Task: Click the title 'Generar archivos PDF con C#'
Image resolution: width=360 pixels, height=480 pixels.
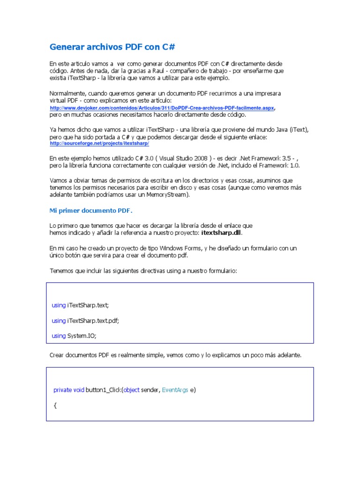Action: (112, 47)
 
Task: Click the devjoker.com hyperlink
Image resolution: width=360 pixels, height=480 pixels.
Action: (162, 108)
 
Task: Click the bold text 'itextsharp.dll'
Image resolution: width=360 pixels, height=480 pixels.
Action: (222, 232)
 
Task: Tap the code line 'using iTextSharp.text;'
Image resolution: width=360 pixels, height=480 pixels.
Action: (80, 305)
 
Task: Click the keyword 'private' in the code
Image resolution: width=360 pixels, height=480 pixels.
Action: (62, 390)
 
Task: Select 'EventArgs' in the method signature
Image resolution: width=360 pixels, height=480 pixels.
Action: (175, 390)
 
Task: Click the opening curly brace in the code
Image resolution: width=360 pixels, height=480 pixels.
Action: (55, 405)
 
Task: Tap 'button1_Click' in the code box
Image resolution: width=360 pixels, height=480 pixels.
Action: (104, 390)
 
